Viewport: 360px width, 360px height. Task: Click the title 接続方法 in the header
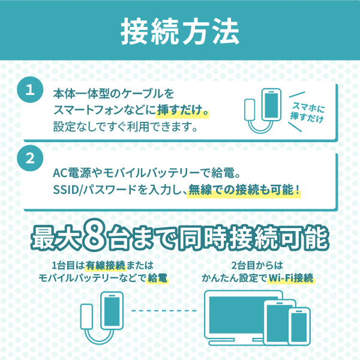180,31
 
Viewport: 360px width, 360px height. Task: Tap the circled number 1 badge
30,89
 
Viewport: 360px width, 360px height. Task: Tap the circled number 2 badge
30,158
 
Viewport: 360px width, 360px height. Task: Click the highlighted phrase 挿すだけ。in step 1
182,110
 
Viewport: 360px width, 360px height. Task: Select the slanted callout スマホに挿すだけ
307,112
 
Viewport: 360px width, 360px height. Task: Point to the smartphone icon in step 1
271,105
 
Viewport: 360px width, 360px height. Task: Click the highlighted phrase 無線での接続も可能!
244,190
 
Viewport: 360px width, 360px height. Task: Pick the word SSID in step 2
66,190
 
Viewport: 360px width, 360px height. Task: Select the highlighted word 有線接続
106,266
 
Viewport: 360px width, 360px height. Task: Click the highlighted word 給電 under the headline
157,278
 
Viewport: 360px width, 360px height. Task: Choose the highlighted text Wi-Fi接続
291,278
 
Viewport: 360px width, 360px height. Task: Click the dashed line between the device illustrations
164,311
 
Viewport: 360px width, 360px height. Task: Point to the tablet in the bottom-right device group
276,322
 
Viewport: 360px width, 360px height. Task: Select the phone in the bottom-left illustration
112,311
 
